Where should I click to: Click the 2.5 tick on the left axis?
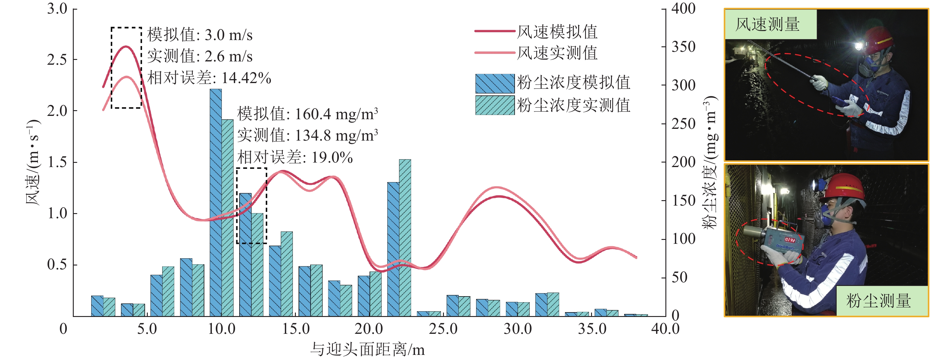click(57, 60)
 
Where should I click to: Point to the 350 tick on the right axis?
click(683, 47)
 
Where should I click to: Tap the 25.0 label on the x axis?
click(443, 329)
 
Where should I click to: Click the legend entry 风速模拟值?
click(557, 32)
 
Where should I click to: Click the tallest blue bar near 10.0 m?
click(216, 203)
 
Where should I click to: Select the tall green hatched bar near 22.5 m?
click(405, 237)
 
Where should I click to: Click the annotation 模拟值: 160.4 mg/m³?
click(307, 114)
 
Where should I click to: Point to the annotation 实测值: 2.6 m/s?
click(200, 57)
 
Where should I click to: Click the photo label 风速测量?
click(767, 24)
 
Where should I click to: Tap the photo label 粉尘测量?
click(878, 301)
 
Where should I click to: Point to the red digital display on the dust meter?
click(791, 240)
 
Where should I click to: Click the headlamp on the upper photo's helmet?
click(859, 46)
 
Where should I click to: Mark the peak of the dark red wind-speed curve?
click(126, 46)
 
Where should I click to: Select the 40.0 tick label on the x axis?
click(665, 329)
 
